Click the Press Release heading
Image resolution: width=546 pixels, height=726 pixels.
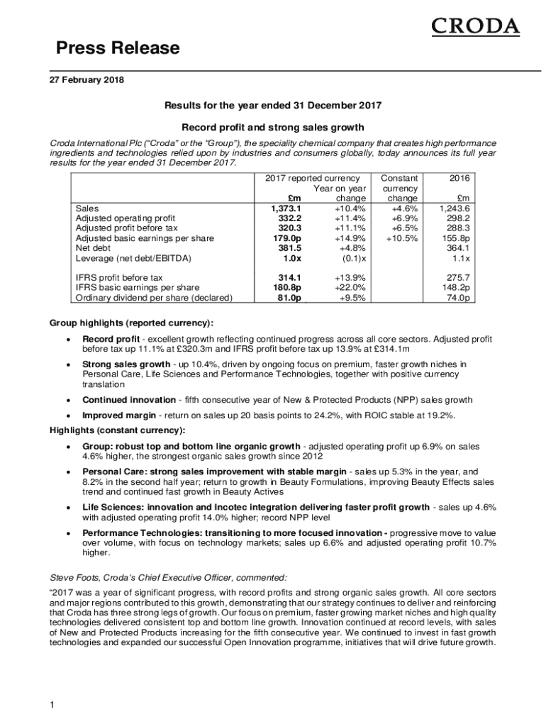(118, 48)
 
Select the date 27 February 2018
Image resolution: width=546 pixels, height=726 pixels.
(87, 80)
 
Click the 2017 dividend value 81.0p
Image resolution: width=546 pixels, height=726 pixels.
(287, 298)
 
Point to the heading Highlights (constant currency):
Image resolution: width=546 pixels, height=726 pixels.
(117, 430)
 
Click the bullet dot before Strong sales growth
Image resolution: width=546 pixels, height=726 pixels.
(67, 366)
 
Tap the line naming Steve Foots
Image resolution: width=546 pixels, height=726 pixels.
(168, 578)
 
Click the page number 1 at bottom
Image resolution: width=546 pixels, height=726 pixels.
(52, 705)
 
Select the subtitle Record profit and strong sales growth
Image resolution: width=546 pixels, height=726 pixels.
(273, 128)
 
